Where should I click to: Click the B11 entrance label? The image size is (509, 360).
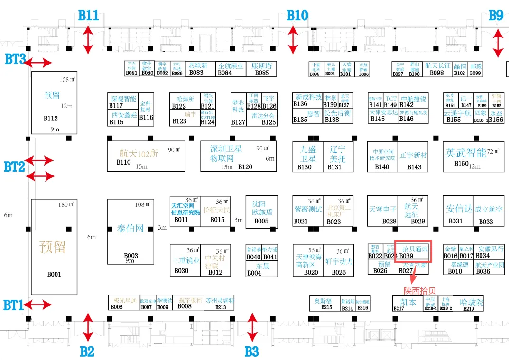tap(89, 15)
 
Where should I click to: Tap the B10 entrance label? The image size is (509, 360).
tap(297, 15)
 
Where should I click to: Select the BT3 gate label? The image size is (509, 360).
tap(15, 60)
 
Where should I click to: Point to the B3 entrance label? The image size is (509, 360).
tap(251, 351)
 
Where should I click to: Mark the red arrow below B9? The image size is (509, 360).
tap(498, 43)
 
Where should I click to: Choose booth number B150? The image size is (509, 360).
tap(461, 164)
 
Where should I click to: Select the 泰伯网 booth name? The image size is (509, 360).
tap(130, 229)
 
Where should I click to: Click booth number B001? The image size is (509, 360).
tap(54, 274)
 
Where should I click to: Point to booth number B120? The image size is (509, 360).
tap(245, 167)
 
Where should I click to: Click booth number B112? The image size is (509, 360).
tap(50, 119)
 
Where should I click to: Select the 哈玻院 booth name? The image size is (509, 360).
tap(471, 302)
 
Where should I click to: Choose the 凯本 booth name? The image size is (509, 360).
tap(407, 302)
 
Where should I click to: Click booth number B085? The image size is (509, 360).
tap(262, 73)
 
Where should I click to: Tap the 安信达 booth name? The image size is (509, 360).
tap(459, 209)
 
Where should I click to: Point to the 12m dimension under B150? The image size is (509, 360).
tap(474, 166)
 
